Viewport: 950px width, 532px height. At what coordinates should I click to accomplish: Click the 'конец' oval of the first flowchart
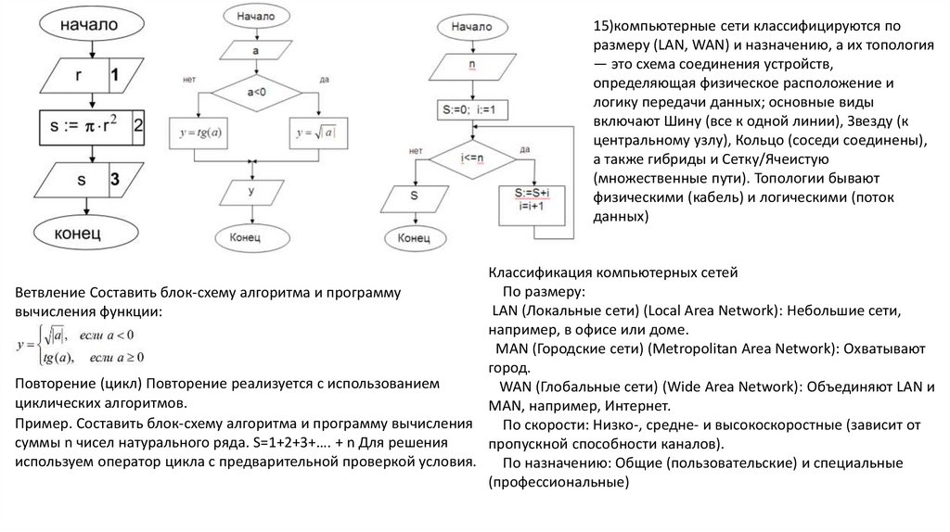[89, 233]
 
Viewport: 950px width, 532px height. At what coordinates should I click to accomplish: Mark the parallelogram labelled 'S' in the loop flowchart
[415, 196]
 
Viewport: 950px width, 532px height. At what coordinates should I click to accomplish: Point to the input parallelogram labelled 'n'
[471, 67]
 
